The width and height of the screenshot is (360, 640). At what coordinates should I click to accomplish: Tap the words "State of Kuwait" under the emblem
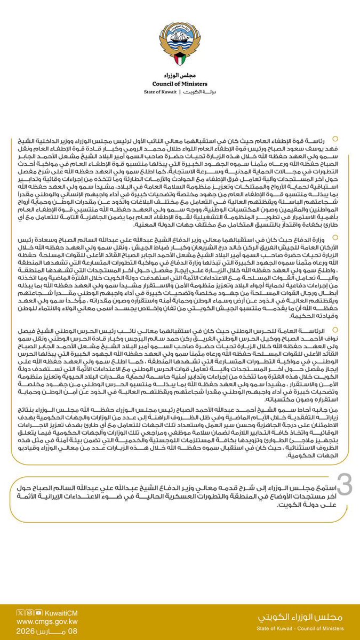pos(160,92)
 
